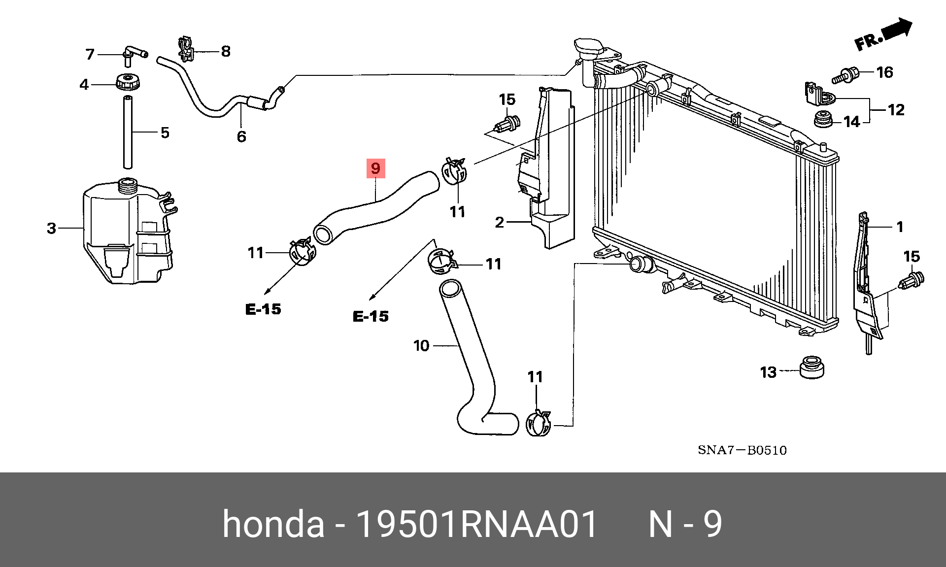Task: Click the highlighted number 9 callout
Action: (x=375, y=168)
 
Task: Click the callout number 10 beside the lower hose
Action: (x=421, y=346)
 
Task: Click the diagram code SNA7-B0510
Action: (x=742, y=450)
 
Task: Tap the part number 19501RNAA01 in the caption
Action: (x=476, y=524)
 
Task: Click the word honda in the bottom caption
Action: (x=273, y=524)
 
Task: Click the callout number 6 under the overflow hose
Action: (x=241, y=136)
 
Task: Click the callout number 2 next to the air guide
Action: (x=499, y=223)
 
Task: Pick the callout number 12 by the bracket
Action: (x=896, y=109)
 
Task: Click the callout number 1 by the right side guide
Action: (x=900, y=227)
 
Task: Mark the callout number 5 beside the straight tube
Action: (x=165, y=133)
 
